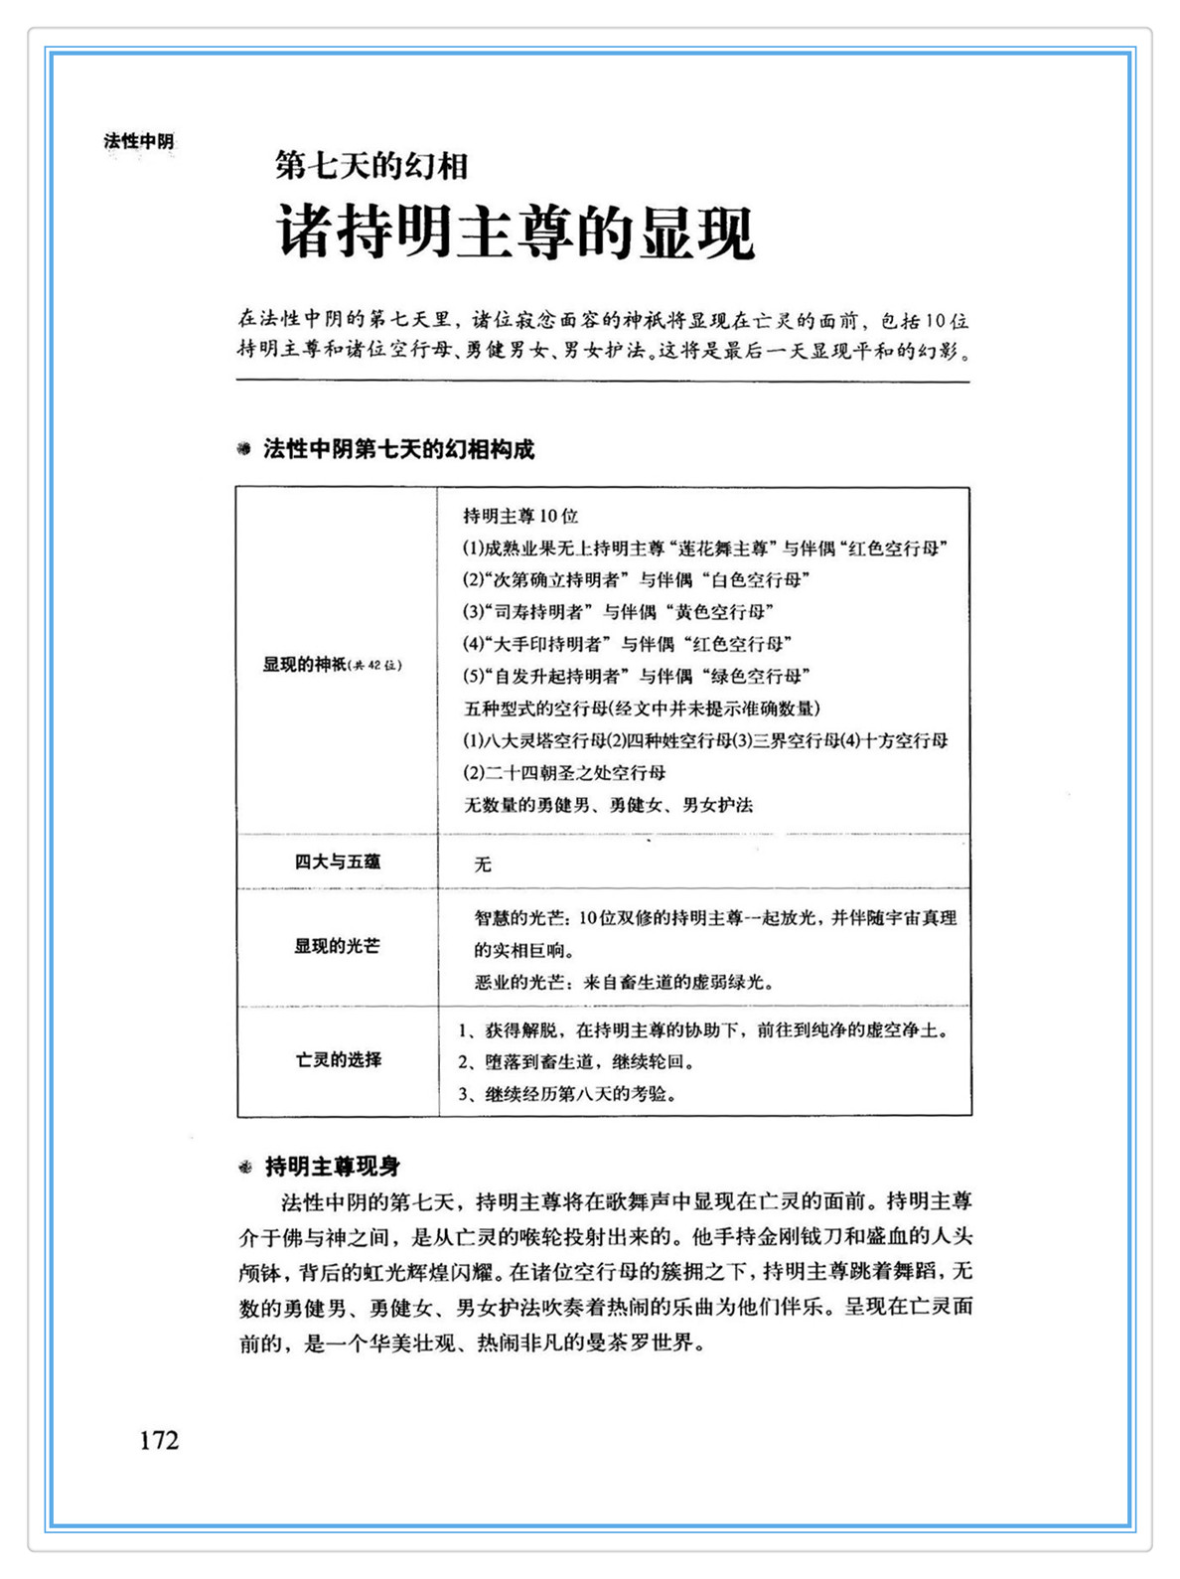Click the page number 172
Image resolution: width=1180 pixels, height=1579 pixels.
click(x=159, y=1440)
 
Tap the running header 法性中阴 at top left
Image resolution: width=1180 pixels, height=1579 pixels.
click(x=138, y=141)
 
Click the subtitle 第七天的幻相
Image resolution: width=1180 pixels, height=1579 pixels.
click(x=370, y=165)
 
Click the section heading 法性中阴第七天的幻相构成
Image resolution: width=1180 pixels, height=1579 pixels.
click(x=398, y=449)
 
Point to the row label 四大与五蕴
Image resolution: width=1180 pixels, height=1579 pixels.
click(x=337, y=862)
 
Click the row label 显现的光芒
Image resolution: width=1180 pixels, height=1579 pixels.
click(x=337, y=946)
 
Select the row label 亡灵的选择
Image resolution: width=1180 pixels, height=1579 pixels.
click(x=338, y=1059)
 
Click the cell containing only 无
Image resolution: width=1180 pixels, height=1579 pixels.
click(x=483, y=865)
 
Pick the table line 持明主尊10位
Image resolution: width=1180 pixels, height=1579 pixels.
click(x=520, y=516)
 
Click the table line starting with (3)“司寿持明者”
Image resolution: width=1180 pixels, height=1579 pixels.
click(x=618, y=612)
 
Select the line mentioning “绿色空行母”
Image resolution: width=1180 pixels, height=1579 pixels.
click(x=637, y=677)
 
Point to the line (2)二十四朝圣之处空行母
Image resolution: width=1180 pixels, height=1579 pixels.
click(x=564, y=772)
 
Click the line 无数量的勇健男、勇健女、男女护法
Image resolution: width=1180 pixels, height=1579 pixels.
click(x=608, y=805)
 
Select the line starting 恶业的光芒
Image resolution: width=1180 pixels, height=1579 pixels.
click(x=624, y=983)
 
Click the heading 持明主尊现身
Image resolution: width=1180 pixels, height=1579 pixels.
click(x=333, y=1167)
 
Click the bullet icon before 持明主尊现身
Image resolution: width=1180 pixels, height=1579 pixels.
click(x=245, y=1168)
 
